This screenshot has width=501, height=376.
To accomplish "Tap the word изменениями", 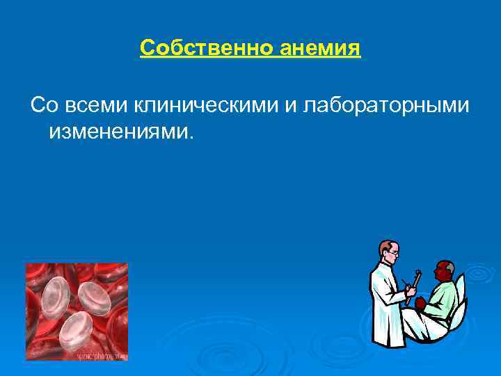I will tap(118, 130).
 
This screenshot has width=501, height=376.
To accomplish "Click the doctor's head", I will tap(389, 252).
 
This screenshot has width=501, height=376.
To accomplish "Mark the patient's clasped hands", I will tap(420, 304).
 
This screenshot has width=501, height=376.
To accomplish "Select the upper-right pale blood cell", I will tap(97, 296).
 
